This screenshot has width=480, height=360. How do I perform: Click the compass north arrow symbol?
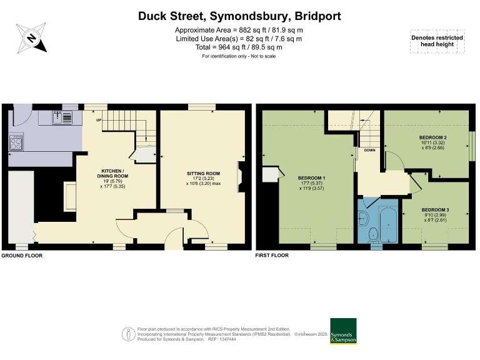tap(31, 37)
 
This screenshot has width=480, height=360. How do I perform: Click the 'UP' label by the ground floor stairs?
tap(98, 120)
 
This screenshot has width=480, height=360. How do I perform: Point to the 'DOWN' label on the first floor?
tap(369, 150)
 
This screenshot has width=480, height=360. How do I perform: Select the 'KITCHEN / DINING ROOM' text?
tap(113, 174)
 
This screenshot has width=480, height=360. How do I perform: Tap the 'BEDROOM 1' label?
tap(311, 177)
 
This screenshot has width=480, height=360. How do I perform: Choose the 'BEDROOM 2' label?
tap(432, 137)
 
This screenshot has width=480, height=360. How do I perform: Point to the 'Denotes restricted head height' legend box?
tap(437, 41)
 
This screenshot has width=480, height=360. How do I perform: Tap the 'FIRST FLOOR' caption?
tap(272, 256)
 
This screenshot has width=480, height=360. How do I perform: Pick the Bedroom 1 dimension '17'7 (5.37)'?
tap(311, 183)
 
